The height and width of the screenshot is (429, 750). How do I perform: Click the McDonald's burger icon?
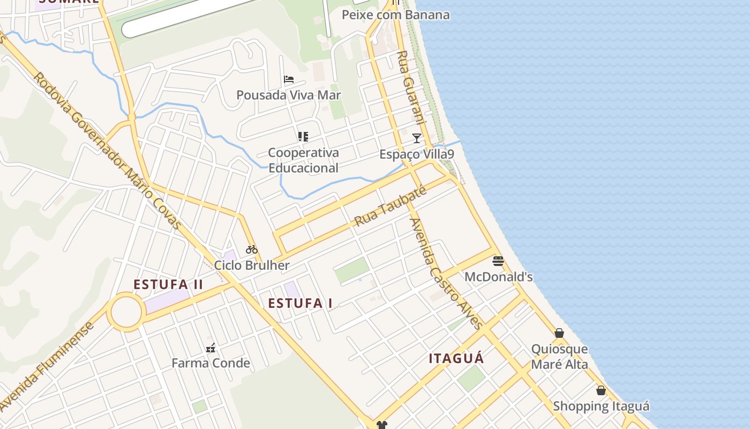[x=498, y=261]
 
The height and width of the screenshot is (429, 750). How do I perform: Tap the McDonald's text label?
[x=498, y=277]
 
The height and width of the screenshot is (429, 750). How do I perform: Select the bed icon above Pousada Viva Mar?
[x=289, y=79]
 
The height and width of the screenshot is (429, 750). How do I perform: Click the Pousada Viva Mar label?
[x=289, y=95]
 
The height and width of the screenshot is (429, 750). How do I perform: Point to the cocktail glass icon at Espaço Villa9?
[x=417, y=138]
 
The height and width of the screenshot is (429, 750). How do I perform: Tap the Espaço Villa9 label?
[x=417, y=154]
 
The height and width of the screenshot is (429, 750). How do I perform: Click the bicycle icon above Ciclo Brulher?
[x=252, y=249]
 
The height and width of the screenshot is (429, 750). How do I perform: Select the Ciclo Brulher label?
[x=252, y=265]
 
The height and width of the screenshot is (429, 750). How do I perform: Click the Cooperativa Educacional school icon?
[x=303, y=137]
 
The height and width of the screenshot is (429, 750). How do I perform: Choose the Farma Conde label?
[x=211, y=363]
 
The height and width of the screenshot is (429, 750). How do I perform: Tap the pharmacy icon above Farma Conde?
[x=211, y=347]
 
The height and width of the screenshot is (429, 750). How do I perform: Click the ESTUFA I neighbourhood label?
[x=300, y=303]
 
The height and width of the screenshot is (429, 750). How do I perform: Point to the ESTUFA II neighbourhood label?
[x=168, y=284]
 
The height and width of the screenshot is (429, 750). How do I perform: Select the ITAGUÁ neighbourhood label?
[x=456, y=358]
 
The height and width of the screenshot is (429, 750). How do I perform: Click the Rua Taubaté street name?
[x=390, y=206]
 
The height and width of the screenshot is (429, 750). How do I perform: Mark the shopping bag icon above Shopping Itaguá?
[x=601, y=390]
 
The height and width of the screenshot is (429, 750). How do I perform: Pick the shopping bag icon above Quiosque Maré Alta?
[x=559, y=333]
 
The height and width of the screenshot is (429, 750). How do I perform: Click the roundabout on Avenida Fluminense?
[x=126, y=312]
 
